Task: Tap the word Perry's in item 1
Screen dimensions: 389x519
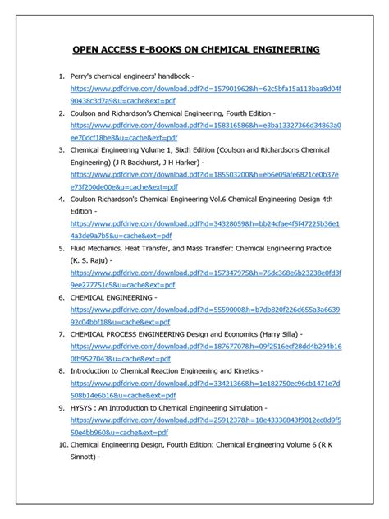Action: pos(85,76)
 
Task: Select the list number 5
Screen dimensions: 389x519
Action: pos(60,247)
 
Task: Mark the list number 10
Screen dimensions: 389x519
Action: pos(62,444)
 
